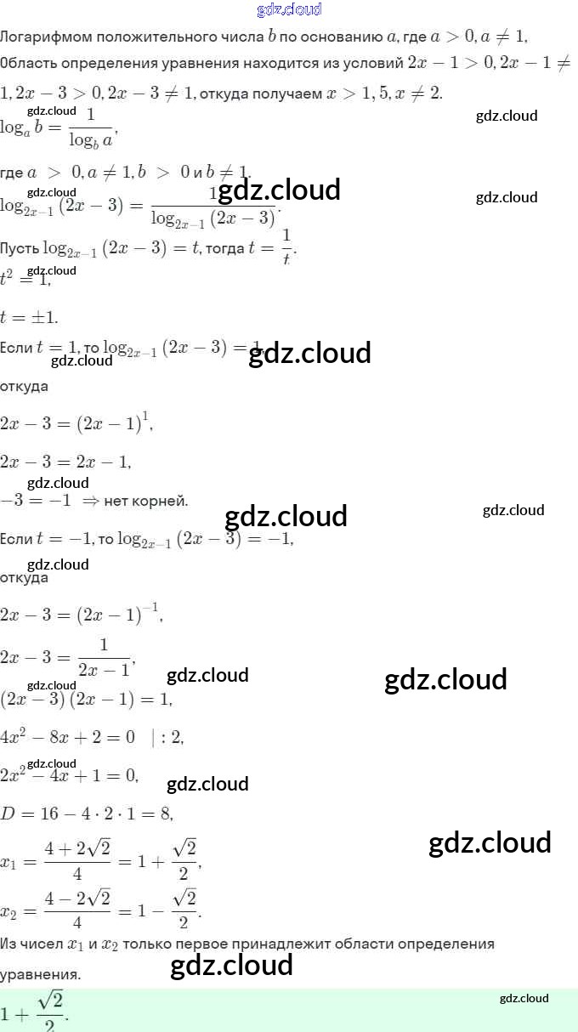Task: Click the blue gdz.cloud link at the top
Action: click(x=289, y=10)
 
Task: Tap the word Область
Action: click(x=29, y=64)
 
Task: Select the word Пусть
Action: click(x=20, y=248)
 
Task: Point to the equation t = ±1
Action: click(x=30, y=316)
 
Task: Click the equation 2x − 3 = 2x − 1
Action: click(x=65, y=462)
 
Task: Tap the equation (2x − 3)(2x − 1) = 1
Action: click(x=85, y=700)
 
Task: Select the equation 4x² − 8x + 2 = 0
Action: click(x=67, y=737)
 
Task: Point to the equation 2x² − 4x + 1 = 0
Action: click(x=69, y=774)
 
